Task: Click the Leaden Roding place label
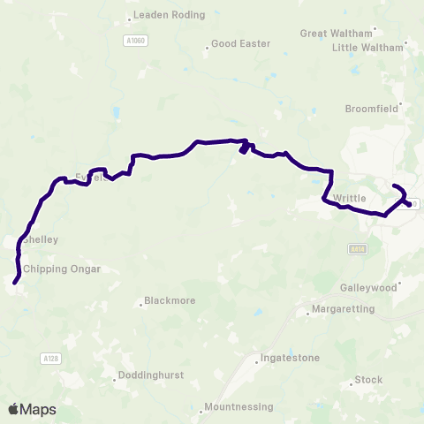click(170, 15)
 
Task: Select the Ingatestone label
click(289, 358)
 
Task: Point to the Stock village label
click(368, 380)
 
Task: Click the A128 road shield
click(51, 358)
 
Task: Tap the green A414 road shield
click(357, 249)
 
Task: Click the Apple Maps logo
click(32, 409)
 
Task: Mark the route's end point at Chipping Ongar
click(15, 282)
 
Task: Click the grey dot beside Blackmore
click(140, 306)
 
